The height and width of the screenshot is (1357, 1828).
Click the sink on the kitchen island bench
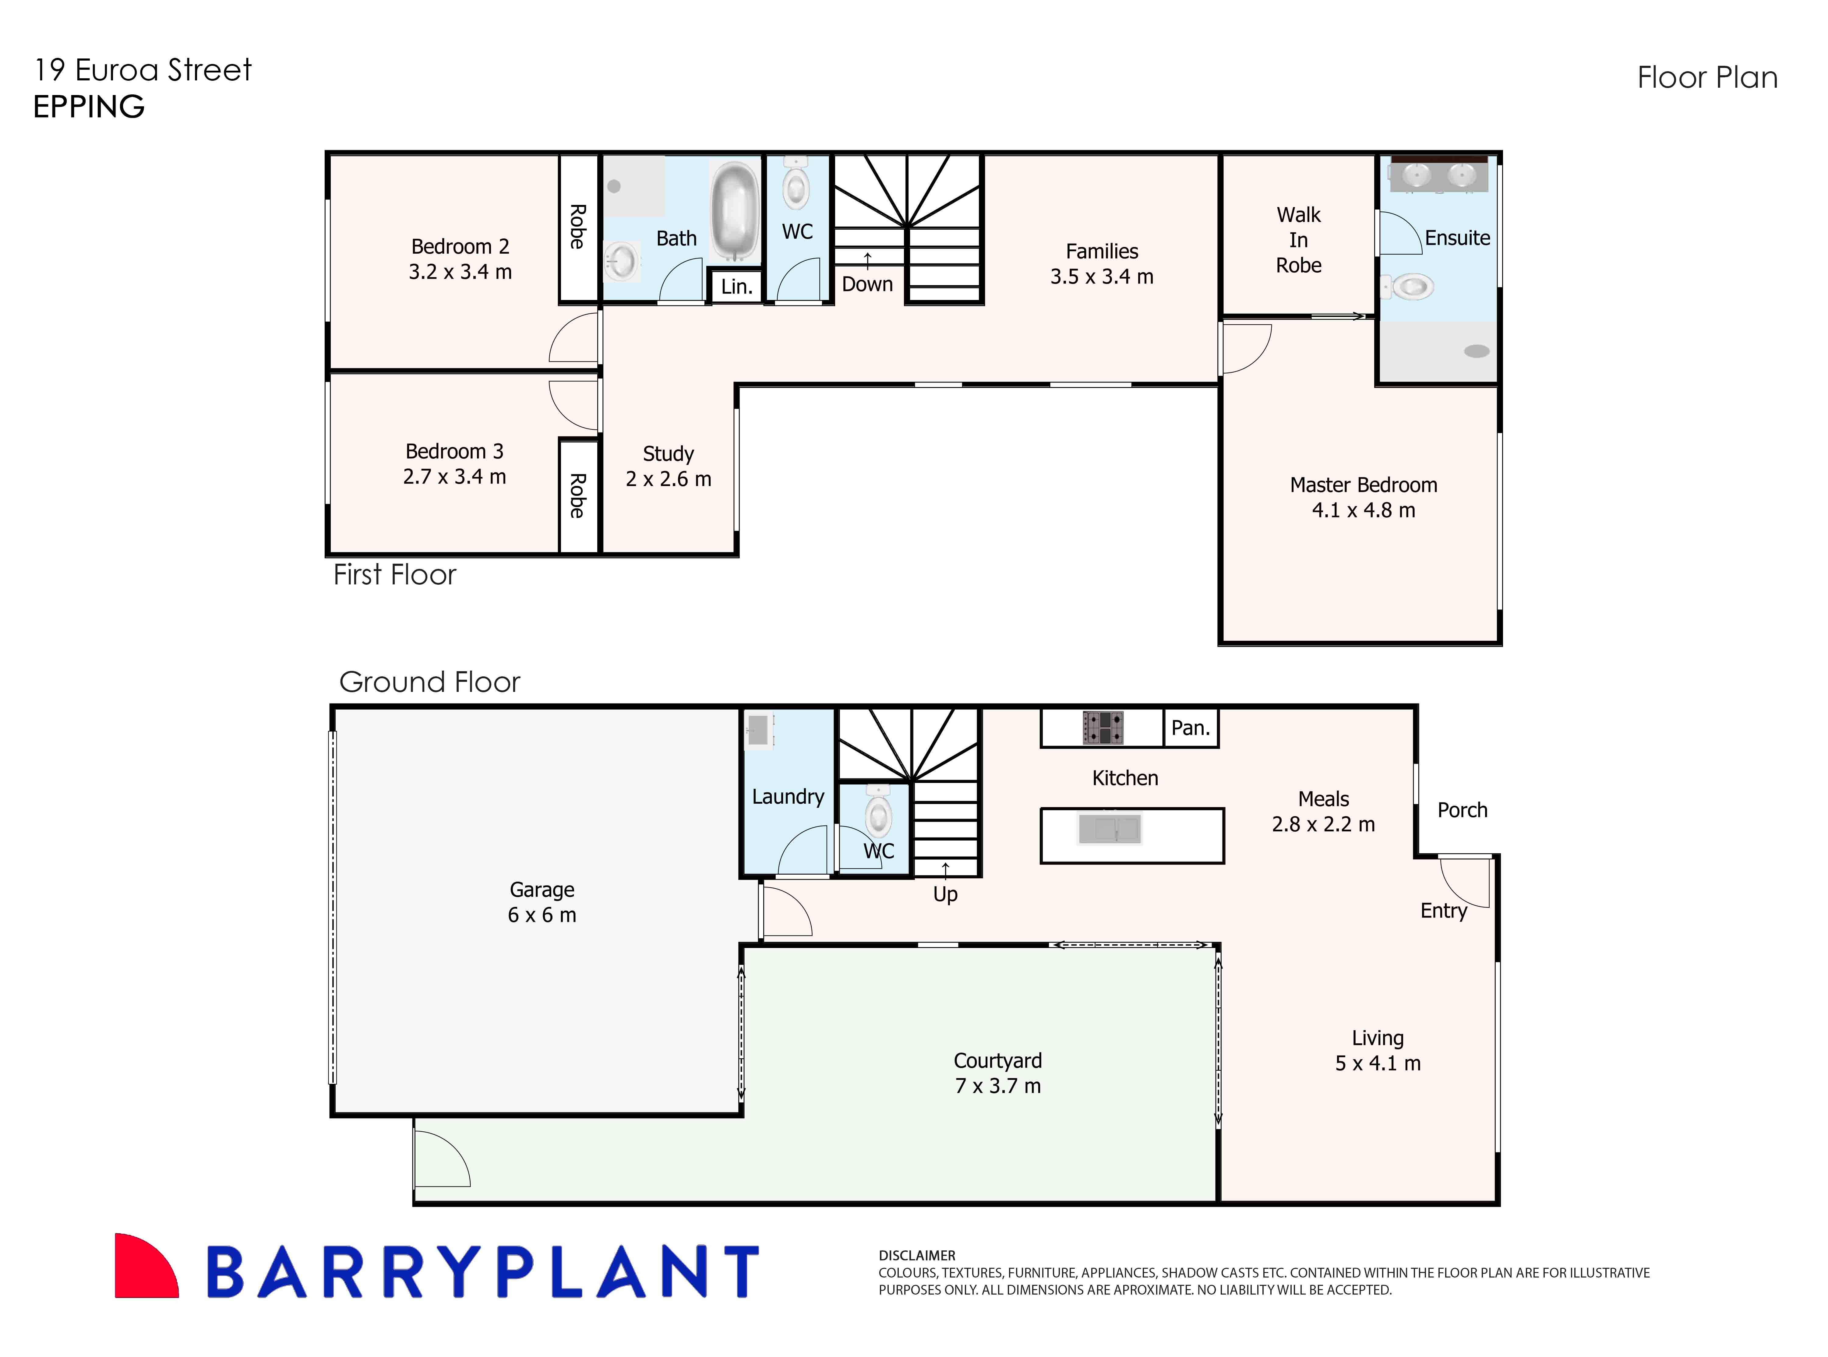click(x=1109, y=829)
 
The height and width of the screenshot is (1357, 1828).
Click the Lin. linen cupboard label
click(x=736, y=287)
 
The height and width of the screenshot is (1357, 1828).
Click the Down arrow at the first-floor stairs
click(x=867, y=259)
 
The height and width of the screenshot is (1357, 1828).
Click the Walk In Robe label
click(x=1298, y=240)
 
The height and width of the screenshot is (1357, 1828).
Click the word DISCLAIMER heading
click(x=917, y=1255)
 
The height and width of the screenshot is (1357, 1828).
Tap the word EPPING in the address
click(x=89, y=107)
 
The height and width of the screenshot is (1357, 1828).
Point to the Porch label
click(x=1462, y=810)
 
